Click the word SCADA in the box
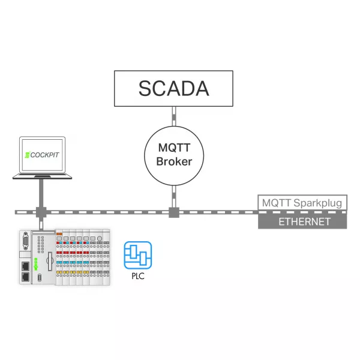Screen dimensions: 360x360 (174, 88)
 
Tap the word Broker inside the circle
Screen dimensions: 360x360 (174, 161)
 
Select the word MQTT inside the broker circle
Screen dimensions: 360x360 (174, 148)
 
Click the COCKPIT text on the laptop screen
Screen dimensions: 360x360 (44, 155)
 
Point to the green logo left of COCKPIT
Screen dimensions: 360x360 (28, 155)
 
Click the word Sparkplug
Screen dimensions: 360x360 (318, 203)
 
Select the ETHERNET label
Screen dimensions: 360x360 (304, 222)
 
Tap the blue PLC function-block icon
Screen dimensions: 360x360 (138, 255)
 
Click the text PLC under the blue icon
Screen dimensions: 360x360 (138, 276)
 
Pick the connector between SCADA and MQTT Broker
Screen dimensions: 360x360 (174, 116)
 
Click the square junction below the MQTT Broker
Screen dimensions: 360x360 (174, 212)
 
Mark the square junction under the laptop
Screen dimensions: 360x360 (41, 212)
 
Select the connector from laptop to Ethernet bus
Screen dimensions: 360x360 (41, 193)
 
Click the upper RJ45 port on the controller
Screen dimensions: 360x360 (25, 266)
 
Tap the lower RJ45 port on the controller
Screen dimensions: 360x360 (25, 277)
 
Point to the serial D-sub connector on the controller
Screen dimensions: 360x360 (25, 241)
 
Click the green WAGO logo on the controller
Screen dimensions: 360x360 (36, 264)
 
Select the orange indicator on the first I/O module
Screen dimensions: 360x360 (59, 234)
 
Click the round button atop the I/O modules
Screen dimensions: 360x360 (100, 239)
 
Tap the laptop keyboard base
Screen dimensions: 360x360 (42, 176)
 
